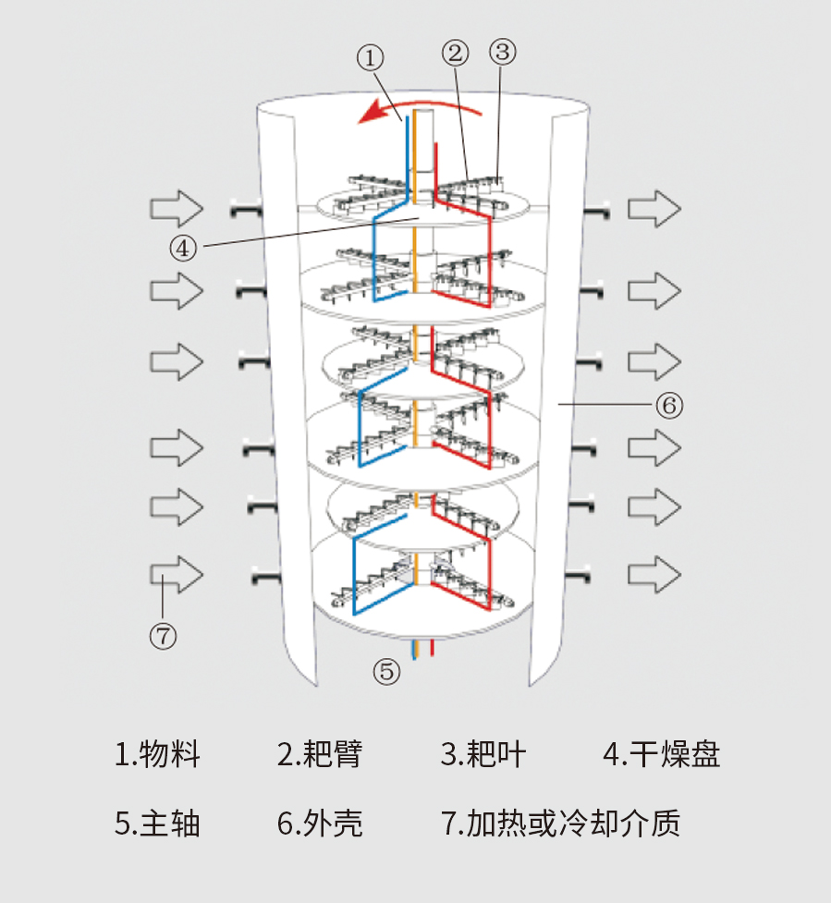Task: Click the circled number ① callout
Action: (x=370, y=58)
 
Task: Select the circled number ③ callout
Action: (x=502, y=52)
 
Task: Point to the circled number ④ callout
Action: (x=183, y=247)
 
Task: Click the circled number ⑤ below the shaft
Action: (x=387, y=672)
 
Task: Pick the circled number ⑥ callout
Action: (x=669, y=405)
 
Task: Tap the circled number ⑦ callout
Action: (x=163, y=634)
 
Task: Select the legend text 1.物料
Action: (x=157, y=754)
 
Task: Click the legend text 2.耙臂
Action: (x=320, y=754)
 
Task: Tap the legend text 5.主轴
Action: (x=157, y=823)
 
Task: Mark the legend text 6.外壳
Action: (x=320, y=823)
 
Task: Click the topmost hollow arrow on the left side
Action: (x=177, y=209)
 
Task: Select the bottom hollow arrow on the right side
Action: (x=654, y=573)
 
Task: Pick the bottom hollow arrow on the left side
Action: (x=177, y=574)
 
